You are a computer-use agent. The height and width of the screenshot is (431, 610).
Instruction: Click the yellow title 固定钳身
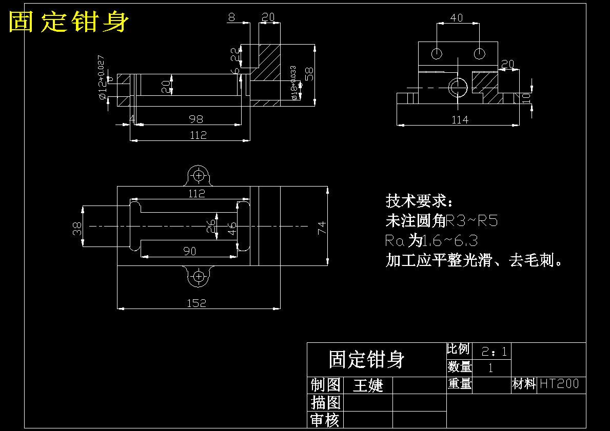[69, 22]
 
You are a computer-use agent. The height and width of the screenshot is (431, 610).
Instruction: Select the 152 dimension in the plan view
[196, 303]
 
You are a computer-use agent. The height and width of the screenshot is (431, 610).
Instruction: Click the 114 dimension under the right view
[460, 119]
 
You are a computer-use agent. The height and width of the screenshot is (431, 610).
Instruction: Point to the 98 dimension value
[196, 119]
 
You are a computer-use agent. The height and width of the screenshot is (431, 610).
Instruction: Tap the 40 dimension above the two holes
[456, 18]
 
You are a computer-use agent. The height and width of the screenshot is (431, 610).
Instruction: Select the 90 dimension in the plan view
[190, 251]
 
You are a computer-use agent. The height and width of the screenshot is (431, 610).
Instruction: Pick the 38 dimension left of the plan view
[77, 228]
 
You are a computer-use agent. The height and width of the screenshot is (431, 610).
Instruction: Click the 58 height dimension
[309, 74]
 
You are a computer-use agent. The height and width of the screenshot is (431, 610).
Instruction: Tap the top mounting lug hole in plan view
[199, 175]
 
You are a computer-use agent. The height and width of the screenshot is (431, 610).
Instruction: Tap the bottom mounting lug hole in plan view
[199, 276]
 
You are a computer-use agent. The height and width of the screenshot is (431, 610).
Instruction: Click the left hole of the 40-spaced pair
[437, 53]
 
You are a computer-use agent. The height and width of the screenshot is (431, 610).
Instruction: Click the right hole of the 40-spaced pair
[480, 53]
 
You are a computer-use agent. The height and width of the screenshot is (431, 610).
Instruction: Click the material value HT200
[559, 384]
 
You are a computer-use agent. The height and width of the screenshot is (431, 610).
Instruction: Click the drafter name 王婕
[368, 385]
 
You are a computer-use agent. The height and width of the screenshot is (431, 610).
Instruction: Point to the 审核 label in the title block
[325, 420]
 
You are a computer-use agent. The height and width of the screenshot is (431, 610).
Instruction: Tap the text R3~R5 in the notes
[472, 221]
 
